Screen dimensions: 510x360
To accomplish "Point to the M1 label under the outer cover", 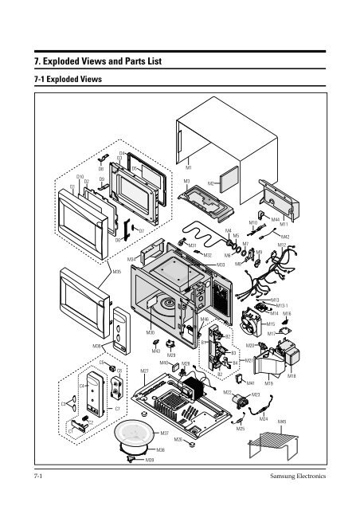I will coord(189,168).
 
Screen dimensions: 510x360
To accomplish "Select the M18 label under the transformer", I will coord(292,375).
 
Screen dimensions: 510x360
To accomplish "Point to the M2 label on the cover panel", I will coord(211,183).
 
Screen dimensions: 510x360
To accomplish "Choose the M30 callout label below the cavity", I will coord(151,331).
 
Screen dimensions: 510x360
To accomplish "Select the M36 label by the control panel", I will coord(96,347).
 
